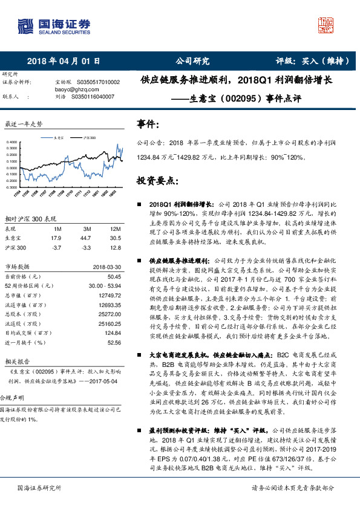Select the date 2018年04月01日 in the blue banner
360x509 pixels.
pyautogui.click(x=63, y=61)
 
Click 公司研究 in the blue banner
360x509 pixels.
pyautogui.click(x=192, y=61)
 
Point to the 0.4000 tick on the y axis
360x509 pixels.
pyautogui.click(x=13, y=143)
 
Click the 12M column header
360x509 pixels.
pyautogui.click(x=115, y=229)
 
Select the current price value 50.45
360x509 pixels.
pyautogui.click(x=114, y=276)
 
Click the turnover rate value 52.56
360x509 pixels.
pyautogui.click(x=114, y=342)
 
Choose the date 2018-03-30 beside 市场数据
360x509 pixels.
pyautogui.click(x=108, y=266)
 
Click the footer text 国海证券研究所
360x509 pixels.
pyautogui.click(x=39, y=488)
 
